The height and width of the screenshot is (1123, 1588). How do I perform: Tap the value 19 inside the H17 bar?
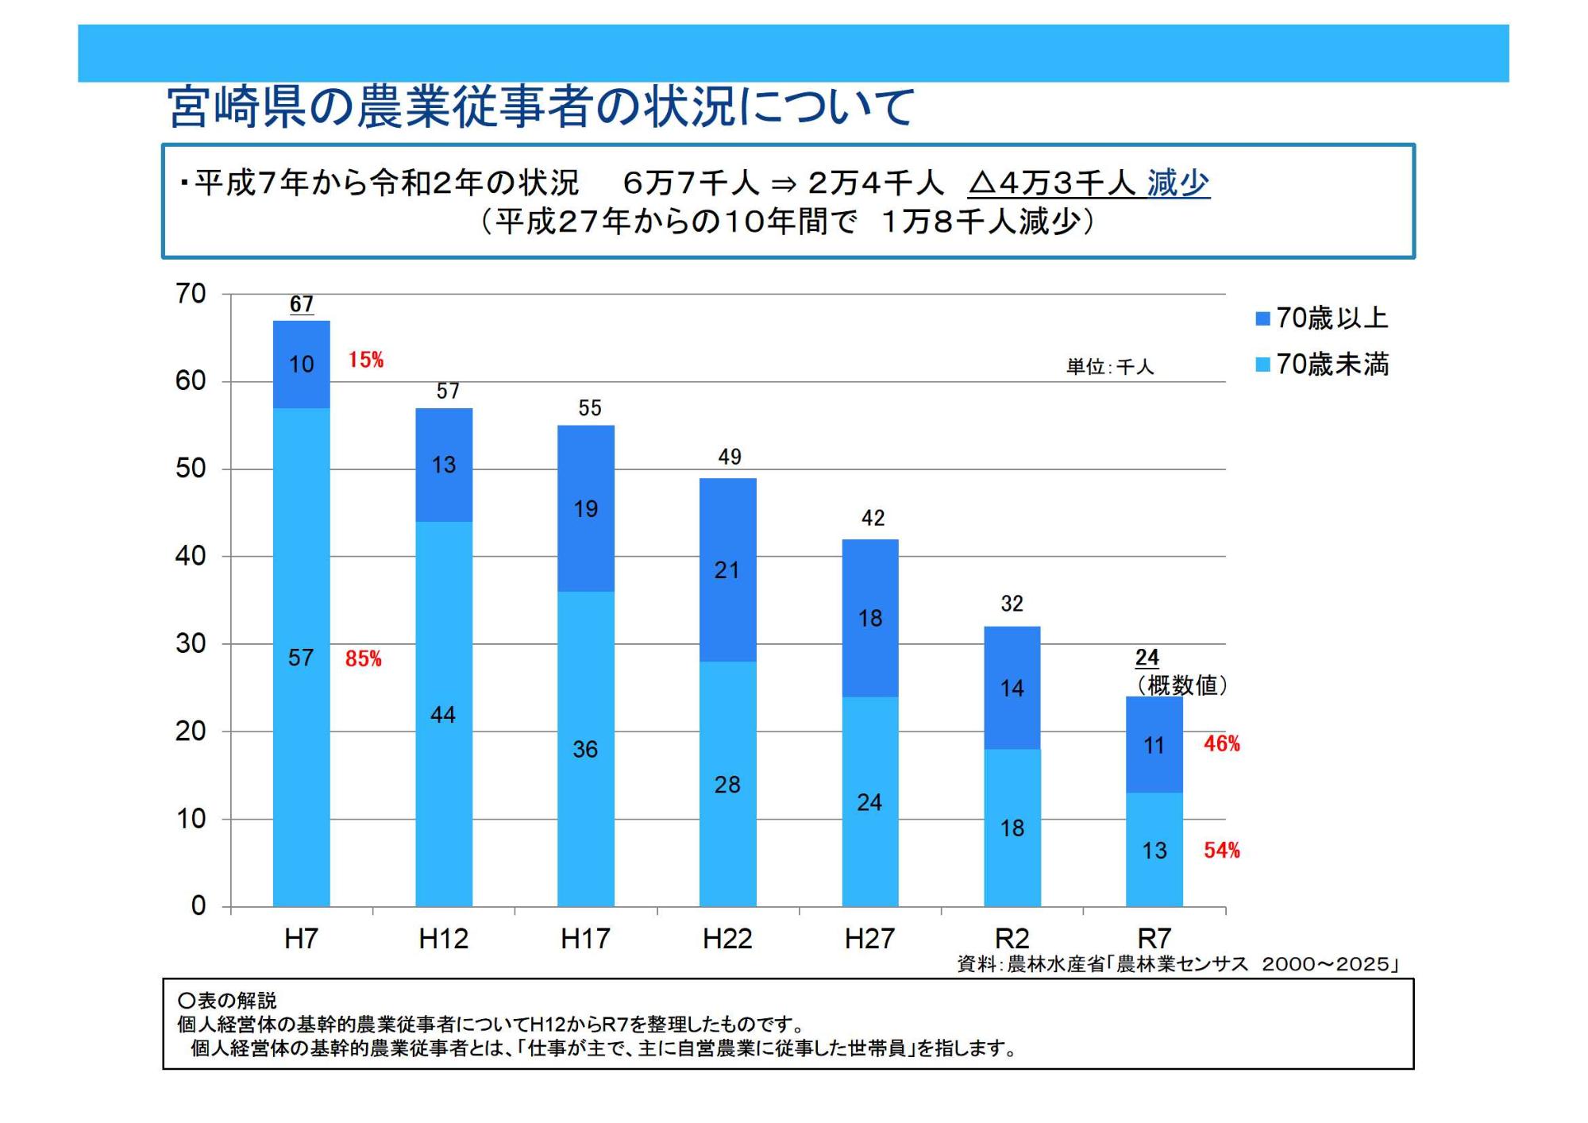tap(586, 509)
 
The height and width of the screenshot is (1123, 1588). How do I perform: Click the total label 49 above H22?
tap(729, 457)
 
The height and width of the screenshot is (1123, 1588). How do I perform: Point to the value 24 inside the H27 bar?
tap(869, 802)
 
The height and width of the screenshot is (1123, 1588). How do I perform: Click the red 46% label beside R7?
tap(1221, 743)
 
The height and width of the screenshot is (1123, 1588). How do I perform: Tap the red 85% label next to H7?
tap(363, 658)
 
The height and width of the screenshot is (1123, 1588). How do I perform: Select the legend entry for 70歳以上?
tap(1322, 318)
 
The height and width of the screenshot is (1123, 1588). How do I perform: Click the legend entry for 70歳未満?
tap(1322, 365)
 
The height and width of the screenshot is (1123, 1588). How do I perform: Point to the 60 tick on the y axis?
tap(191, 381)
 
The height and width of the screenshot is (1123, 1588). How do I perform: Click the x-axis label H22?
tap(727, 939)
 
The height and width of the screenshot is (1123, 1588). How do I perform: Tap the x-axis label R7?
tap(1154, 939)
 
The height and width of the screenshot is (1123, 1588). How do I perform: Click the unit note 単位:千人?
tap(1109, 367)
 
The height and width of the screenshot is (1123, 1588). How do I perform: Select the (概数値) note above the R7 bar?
tap(1181, 685)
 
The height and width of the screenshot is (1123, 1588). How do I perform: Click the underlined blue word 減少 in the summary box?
tap(1178, 183)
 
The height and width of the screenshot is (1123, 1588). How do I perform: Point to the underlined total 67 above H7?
tap(301, 304)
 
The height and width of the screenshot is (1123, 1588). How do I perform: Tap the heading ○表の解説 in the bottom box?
tap(227, 1001)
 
